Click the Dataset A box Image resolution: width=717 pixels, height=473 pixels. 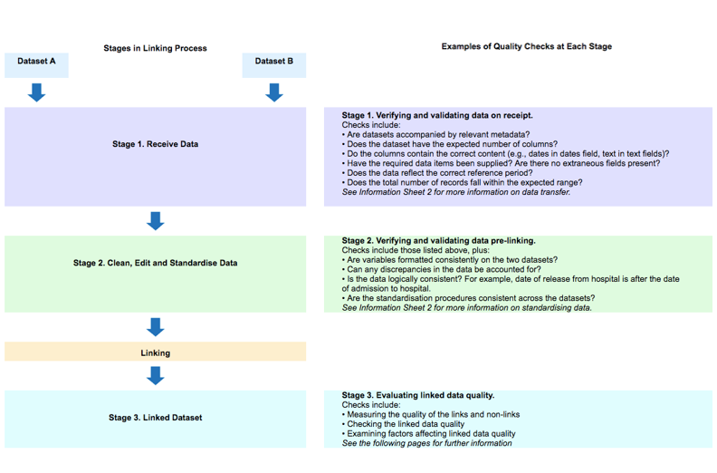coord(36,62)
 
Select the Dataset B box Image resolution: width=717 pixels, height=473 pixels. coord(273,62)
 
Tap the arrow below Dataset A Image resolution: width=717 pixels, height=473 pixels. coord(36,92)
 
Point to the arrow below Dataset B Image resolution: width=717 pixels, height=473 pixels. coord(273,92)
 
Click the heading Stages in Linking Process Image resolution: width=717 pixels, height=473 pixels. coord(155,48)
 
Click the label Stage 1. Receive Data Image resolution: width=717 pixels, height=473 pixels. coord(155,144)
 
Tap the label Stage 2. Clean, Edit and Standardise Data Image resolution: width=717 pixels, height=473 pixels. coord(155,263)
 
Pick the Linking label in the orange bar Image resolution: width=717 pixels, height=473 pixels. coord(155,352)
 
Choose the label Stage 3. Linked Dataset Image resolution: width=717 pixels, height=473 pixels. coord(155,418)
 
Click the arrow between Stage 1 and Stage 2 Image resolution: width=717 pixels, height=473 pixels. coord(155,221)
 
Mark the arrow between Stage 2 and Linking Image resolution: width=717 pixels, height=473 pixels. coord(155,327)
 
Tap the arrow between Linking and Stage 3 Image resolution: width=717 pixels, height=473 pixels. coord(155,375)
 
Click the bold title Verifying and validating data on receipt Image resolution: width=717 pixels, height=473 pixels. coord(437,116)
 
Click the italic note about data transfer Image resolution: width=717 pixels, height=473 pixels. coord(456,192)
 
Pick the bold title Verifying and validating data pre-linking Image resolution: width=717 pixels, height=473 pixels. coord(438,240)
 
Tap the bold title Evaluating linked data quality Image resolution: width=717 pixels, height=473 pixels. coord(418,395)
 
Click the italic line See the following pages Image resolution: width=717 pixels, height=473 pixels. coord(426,443)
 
